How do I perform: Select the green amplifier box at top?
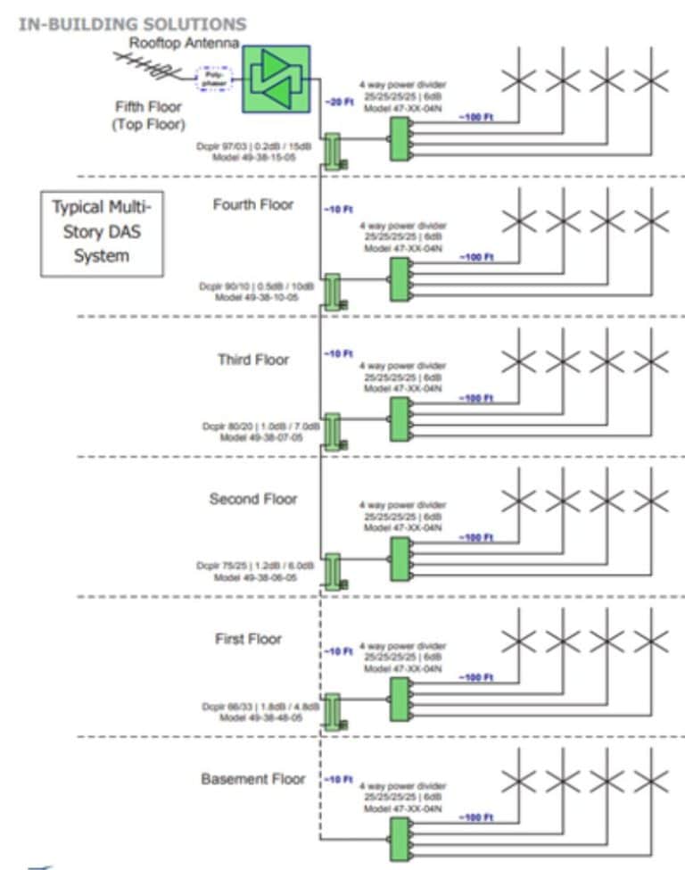pos(276,79)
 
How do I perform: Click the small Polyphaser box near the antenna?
pos(213,79)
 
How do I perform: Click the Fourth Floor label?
pos(253,205)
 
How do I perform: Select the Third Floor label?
pos(253,360)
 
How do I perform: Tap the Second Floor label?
pos(253,499)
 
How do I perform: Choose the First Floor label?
pos(248,639)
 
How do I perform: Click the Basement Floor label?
pos(253,779)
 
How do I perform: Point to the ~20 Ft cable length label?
pos(338,103)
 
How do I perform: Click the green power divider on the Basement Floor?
pos(400,839)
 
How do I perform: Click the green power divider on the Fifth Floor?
pos(400,138)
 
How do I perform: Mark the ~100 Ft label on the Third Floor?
pos(476,398)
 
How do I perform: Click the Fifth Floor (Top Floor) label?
pos(148,115)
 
